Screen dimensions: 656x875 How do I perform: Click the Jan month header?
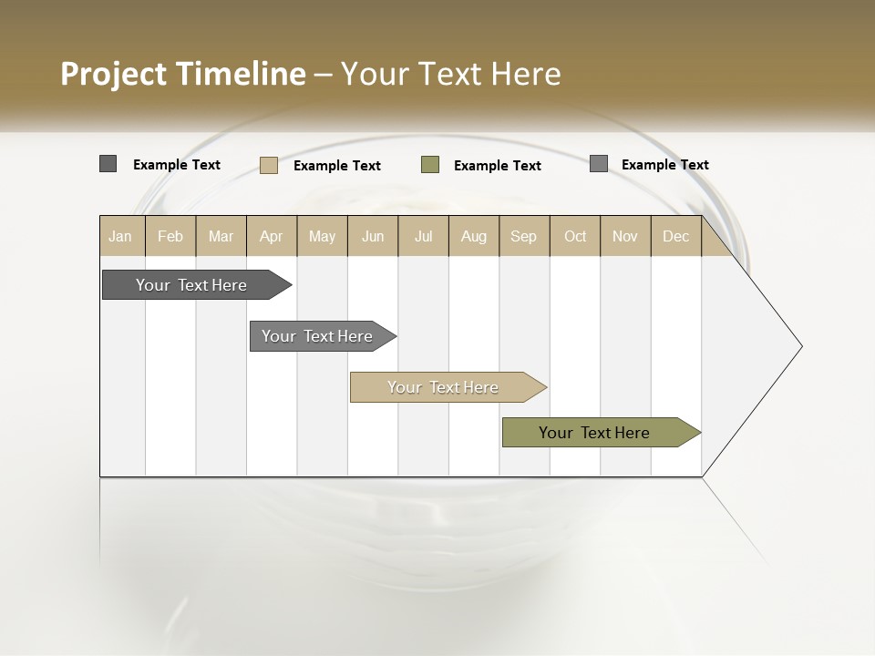(120, 236)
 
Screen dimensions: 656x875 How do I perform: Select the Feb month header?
(170, 236)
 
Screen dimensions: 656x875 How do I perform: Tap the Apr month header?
(272, 236)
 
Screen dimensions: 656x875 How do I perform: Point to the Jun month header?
(373, 236)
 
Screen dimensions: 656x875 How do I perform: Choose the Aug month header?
(474, 236)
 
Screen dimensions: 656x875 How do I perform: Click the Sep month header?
(523, 236)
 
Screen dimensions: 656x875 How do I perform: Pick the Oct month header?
(575, 236)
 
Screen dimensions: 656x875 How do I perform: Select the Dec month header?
(676, 236)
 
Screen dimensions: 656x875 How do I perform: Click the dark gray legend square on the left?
(108, 164)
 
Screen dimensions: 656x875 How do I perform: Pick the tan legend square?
(268, 165)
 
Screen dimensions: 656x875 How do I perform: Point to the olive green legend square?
(430, 165)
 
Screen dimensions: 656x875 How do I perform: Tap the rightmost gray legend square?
(598, 164)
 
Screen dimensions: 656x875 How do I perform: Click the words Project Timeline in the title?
(182, 74)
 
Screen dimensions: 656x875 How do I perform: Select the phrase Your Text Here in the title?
(450, 74)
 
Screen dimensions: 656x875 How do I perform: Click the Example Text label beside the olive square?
(497, 166)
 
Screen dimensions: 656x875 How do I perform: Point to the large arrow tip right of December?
(766, 346)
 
